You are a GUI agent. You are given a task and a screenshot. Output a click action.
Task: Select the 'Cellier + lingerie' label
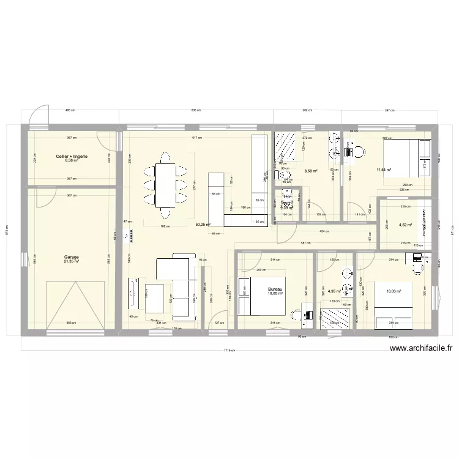(72, 157)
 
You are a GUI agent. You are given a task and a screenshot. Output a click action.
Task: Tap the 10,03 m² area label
(394, 291)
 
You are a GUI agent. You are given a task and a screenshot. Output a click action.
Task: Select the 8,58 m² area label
(310, 171)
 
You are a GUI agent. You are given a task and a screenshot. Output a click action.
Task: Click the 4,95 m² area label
(334, 291)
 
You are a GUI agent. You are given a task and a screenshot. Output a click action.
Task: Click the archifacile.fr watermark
(422, 349)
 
